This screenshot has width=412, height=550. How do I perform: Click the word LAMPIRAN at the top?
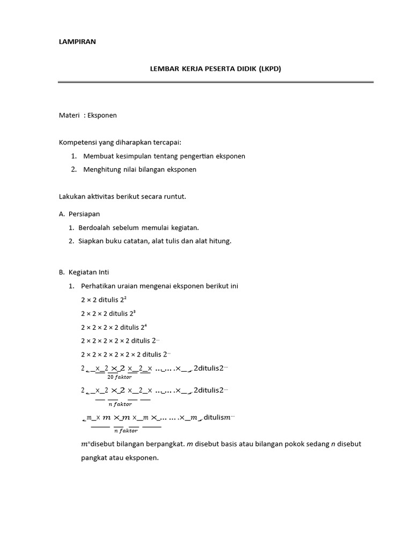point(77,42)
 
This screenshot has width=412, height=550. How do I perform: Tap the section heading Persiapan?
point(84,214)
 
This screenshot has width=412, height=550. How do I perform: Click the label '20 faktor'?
point(120,377)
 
